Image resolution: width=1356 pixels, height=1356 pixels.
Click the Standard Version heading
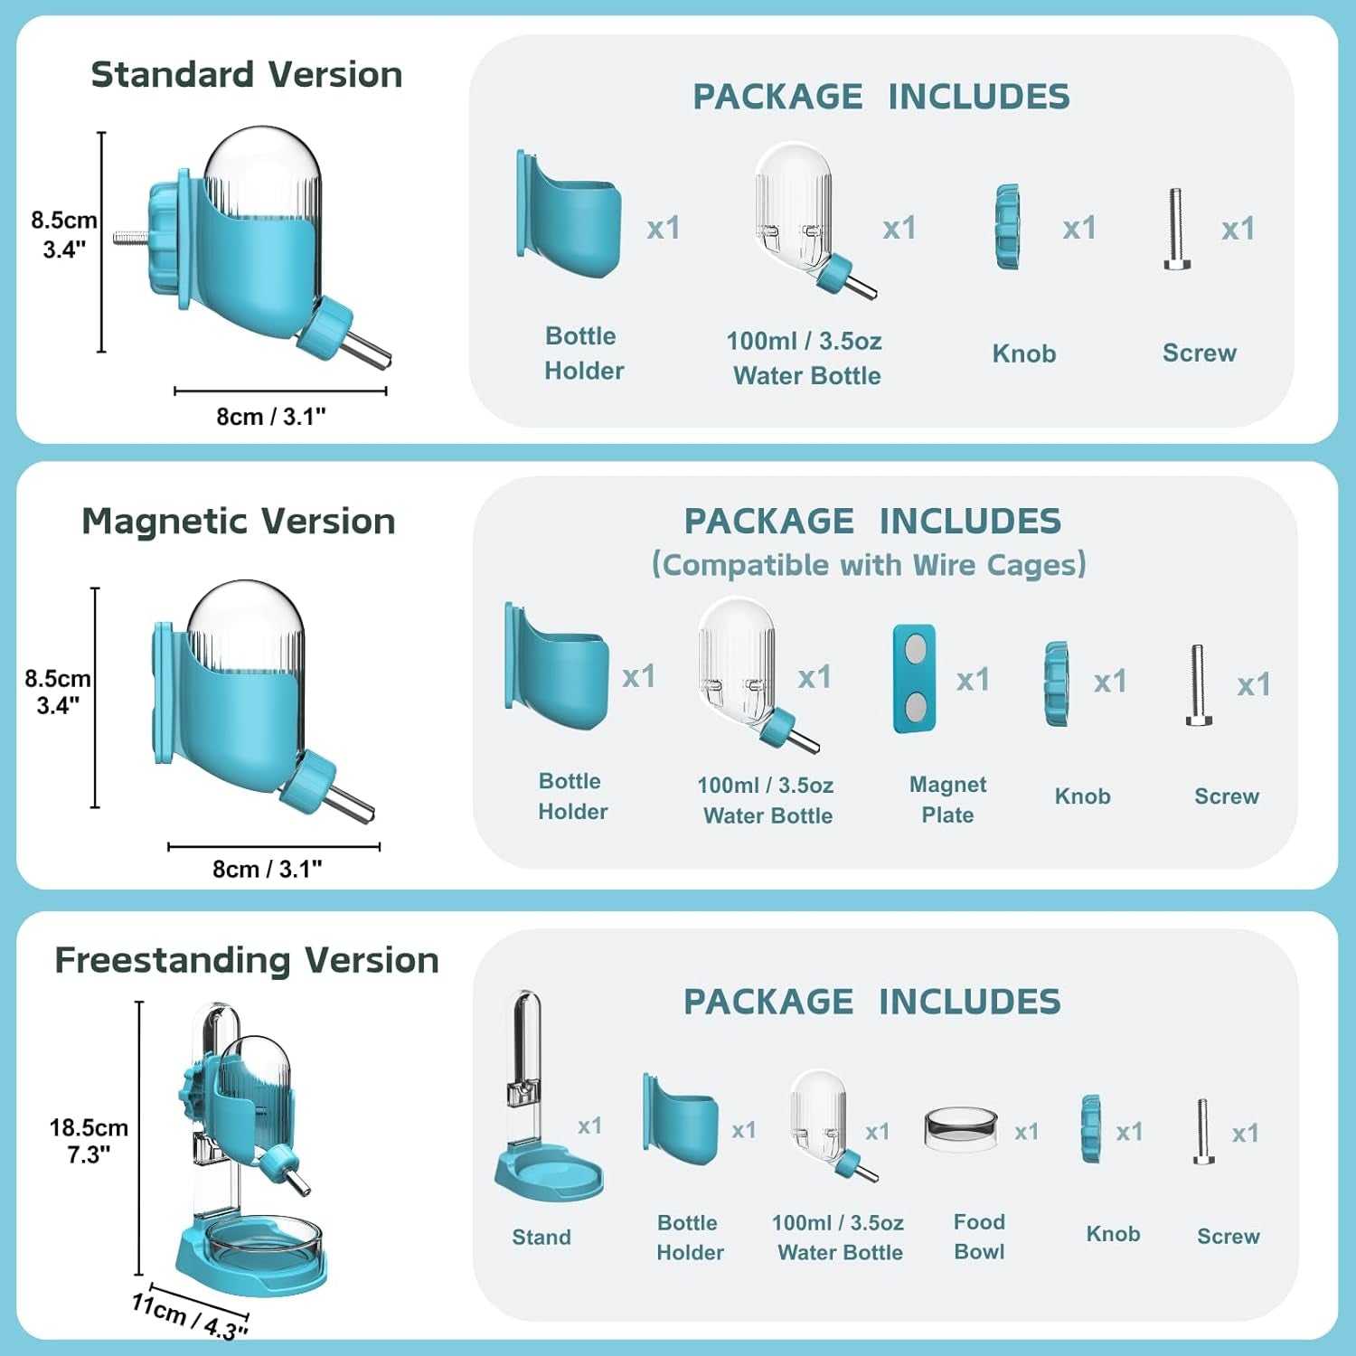pyautogui.click(x=247, y=74)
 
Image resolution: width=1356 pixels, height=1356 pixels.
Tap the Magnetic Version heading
pyautogui.click(x=239, y=522)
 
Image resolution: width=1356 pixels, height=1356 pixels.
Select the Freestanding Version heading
pyautogui.click(x=247, y=960)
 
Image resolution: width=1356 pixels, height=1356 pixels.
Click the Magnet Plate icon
pyautogui.click(x=914, y=678)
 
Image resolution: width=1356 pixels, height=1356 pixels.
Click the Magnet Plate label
pyautogui.click(x=947, y=799)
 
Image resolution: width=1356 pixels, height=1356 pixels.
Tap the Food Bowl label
pyautogui.click(x=979, y=1237)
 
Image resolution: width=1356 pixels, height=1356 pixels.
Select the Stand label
pyautogui.click(x=541, y=1237)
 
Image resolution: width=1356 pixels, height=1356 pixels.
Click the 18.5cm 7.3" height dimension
pyautogui.click(x=89, y=1141)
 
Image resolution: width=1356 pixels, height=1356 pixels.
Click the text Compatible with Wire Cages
pyautogui.click(x=869, y=565)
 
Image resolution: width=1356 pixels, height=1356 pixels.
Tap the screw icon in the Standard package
pyautogui.click(x=1176, y=229)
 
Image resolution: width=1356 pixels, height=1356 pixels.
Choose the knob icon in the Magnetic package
pyautogui.click(x=1056, y=683)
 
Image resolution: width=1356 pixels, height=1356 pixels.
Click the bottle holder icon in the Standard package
pyautogui.click(x=569, y=216)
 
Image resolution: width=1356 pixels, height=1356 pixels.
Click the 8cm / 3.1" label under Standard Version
pyautogui.click(x=271, y=417)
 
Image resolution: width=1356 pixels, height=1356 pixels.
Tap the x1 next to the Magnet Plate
pyautogui.click(x=973, y=679)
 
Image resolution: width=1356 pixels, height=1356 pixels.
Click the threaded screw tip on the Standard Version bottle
pyautogui.click(x=130, y=239)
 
